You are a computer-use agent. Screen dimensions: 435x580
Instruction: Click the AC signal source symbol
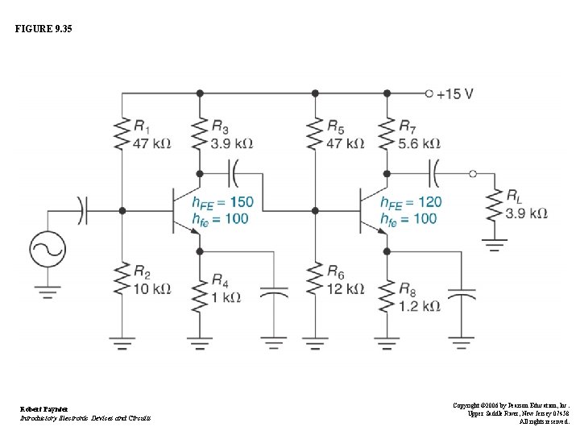coord(46,250)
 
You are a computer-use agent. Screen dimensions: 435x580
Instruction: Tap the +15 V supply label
coord(454,93)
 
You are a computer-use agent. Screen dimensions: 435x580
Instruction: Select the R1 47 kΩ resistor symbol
coord(122,135)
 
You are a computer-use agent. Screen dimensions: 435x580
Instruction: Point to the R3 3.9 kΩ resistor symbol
coord(200,135)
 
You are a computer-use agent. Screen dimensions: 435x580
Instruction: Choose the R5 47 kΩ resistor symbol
coord(315,135)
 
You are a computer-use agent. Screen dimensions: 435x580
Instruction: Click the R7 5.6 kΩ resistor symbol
coord(387,135)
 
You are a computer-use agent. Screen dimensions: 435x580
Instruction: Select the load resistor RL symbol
coord(493,205)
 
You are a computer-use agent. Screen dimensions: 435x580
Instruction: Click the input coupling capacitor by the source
coord(82,210)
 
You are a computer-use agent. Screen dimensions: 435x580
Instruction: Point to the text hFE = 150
coord(222,202)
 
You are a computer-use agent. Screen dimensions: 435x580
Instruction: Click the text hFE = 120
coord(411,202)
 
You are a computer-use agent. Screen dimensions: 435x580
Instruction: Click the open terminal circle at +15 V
coord(429,93)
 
